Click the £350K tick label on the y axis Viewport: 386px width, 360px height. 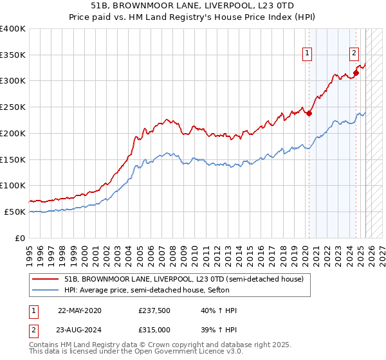click(x=13, y=55)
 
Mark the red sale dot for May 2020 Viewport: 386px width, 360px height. click(x=309, y=114)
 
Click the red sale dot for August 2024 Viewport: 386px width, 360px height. click(x=356, y=73)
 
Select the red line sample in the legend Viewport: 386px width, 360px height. click(x=45, y=278)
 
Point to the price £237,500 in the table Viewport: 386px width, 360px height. click(x=154, y=310)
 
